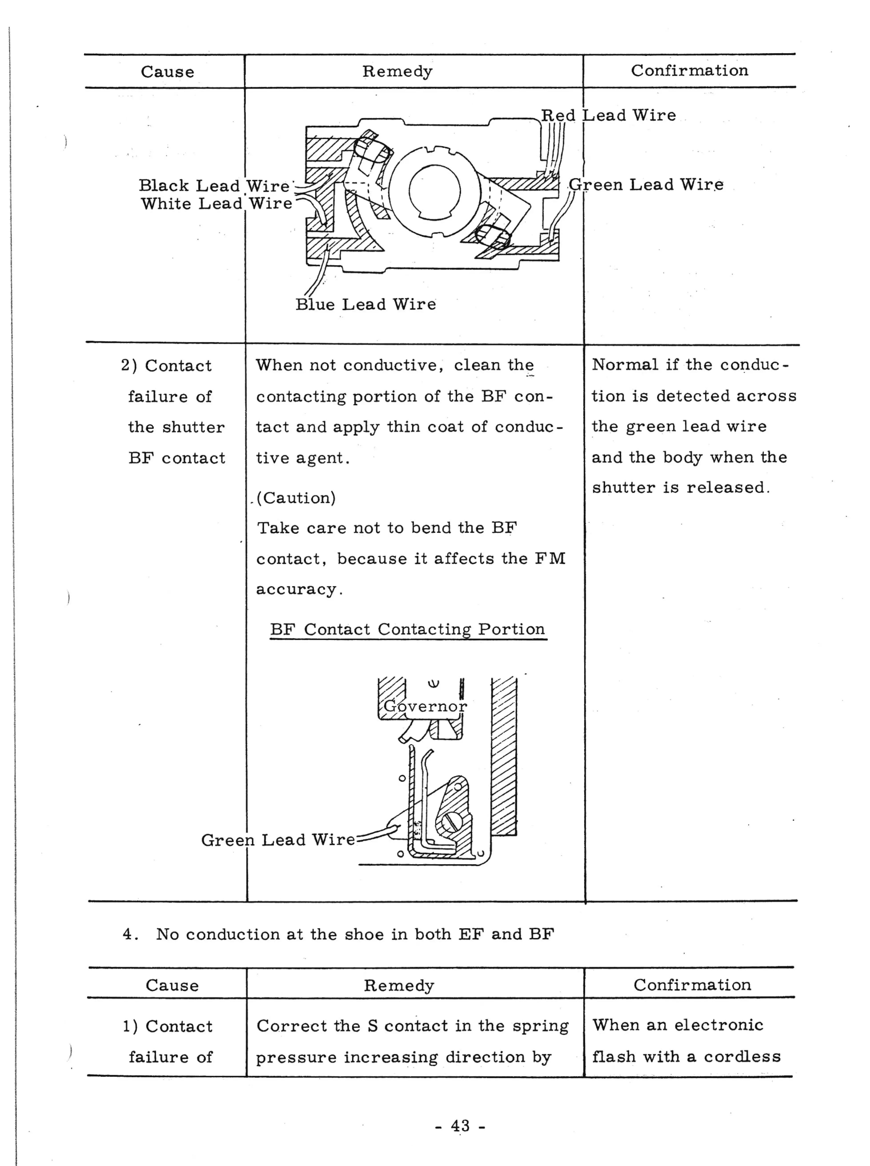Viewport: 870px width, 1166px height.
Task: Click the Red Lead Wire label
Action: [x=608, y=115]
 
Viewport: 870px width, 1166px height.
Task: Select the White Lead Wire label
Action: [x=216, y=204]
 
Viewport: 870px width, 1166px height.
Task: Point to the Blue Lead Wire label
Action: [x=365, y=304]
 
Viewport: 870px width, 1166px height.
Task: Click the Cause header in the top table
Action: [x=167, y=72]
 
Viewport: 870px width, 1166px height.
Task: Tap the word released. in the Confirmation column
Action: [x=728, y=487]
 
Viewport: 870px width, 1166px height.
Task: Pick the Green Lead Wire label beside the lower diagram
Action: [x=278, y=840]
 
